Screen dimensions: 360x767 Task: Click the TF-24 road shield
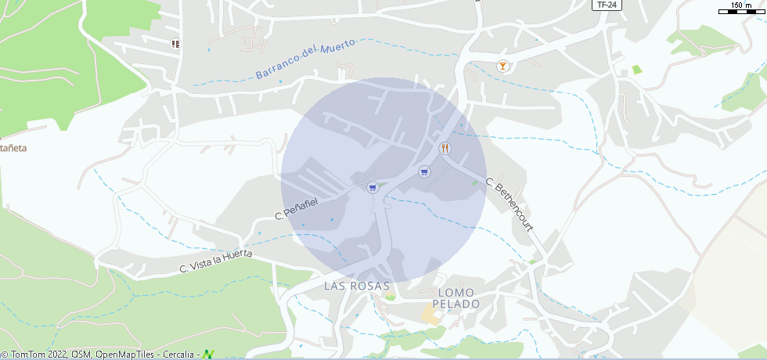(x=602, y=5)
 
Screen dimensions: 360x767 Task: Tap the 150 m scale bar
(x=742, y=9)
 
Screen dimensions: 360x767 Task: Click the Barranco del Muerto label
(x=305, y=59)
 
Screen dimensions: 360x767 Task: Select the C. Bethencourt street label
(x=510, y=205)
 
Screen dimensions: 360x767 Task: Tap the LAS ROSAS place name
(x=357, y=286)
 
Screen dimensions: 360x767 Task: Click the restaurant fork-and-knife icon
(x=445, y=147)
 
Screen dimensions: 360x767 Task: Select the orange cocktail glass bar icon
(x=502, y=67)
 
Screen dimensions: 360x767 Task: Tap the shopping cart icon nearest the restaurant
(x=424, y=172)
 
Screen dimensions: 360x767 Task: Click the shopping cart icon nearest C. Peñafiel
(x=373, y=187)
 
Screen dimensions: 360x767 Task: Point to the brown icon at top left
(x=175, y=45)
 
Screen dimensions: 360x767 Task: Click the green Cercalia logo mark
(x=208, y=355)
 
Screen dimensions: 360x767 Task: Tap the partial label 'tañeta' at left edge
(x=13, y=147)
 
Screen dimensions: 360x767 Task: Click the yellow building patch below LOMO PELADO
(x=430, y=315)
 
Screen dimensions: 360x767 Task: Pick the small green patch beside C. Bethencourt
(x=474, y=183)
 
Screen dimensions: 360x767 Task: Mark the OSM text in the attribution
(x=80, y=355)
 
